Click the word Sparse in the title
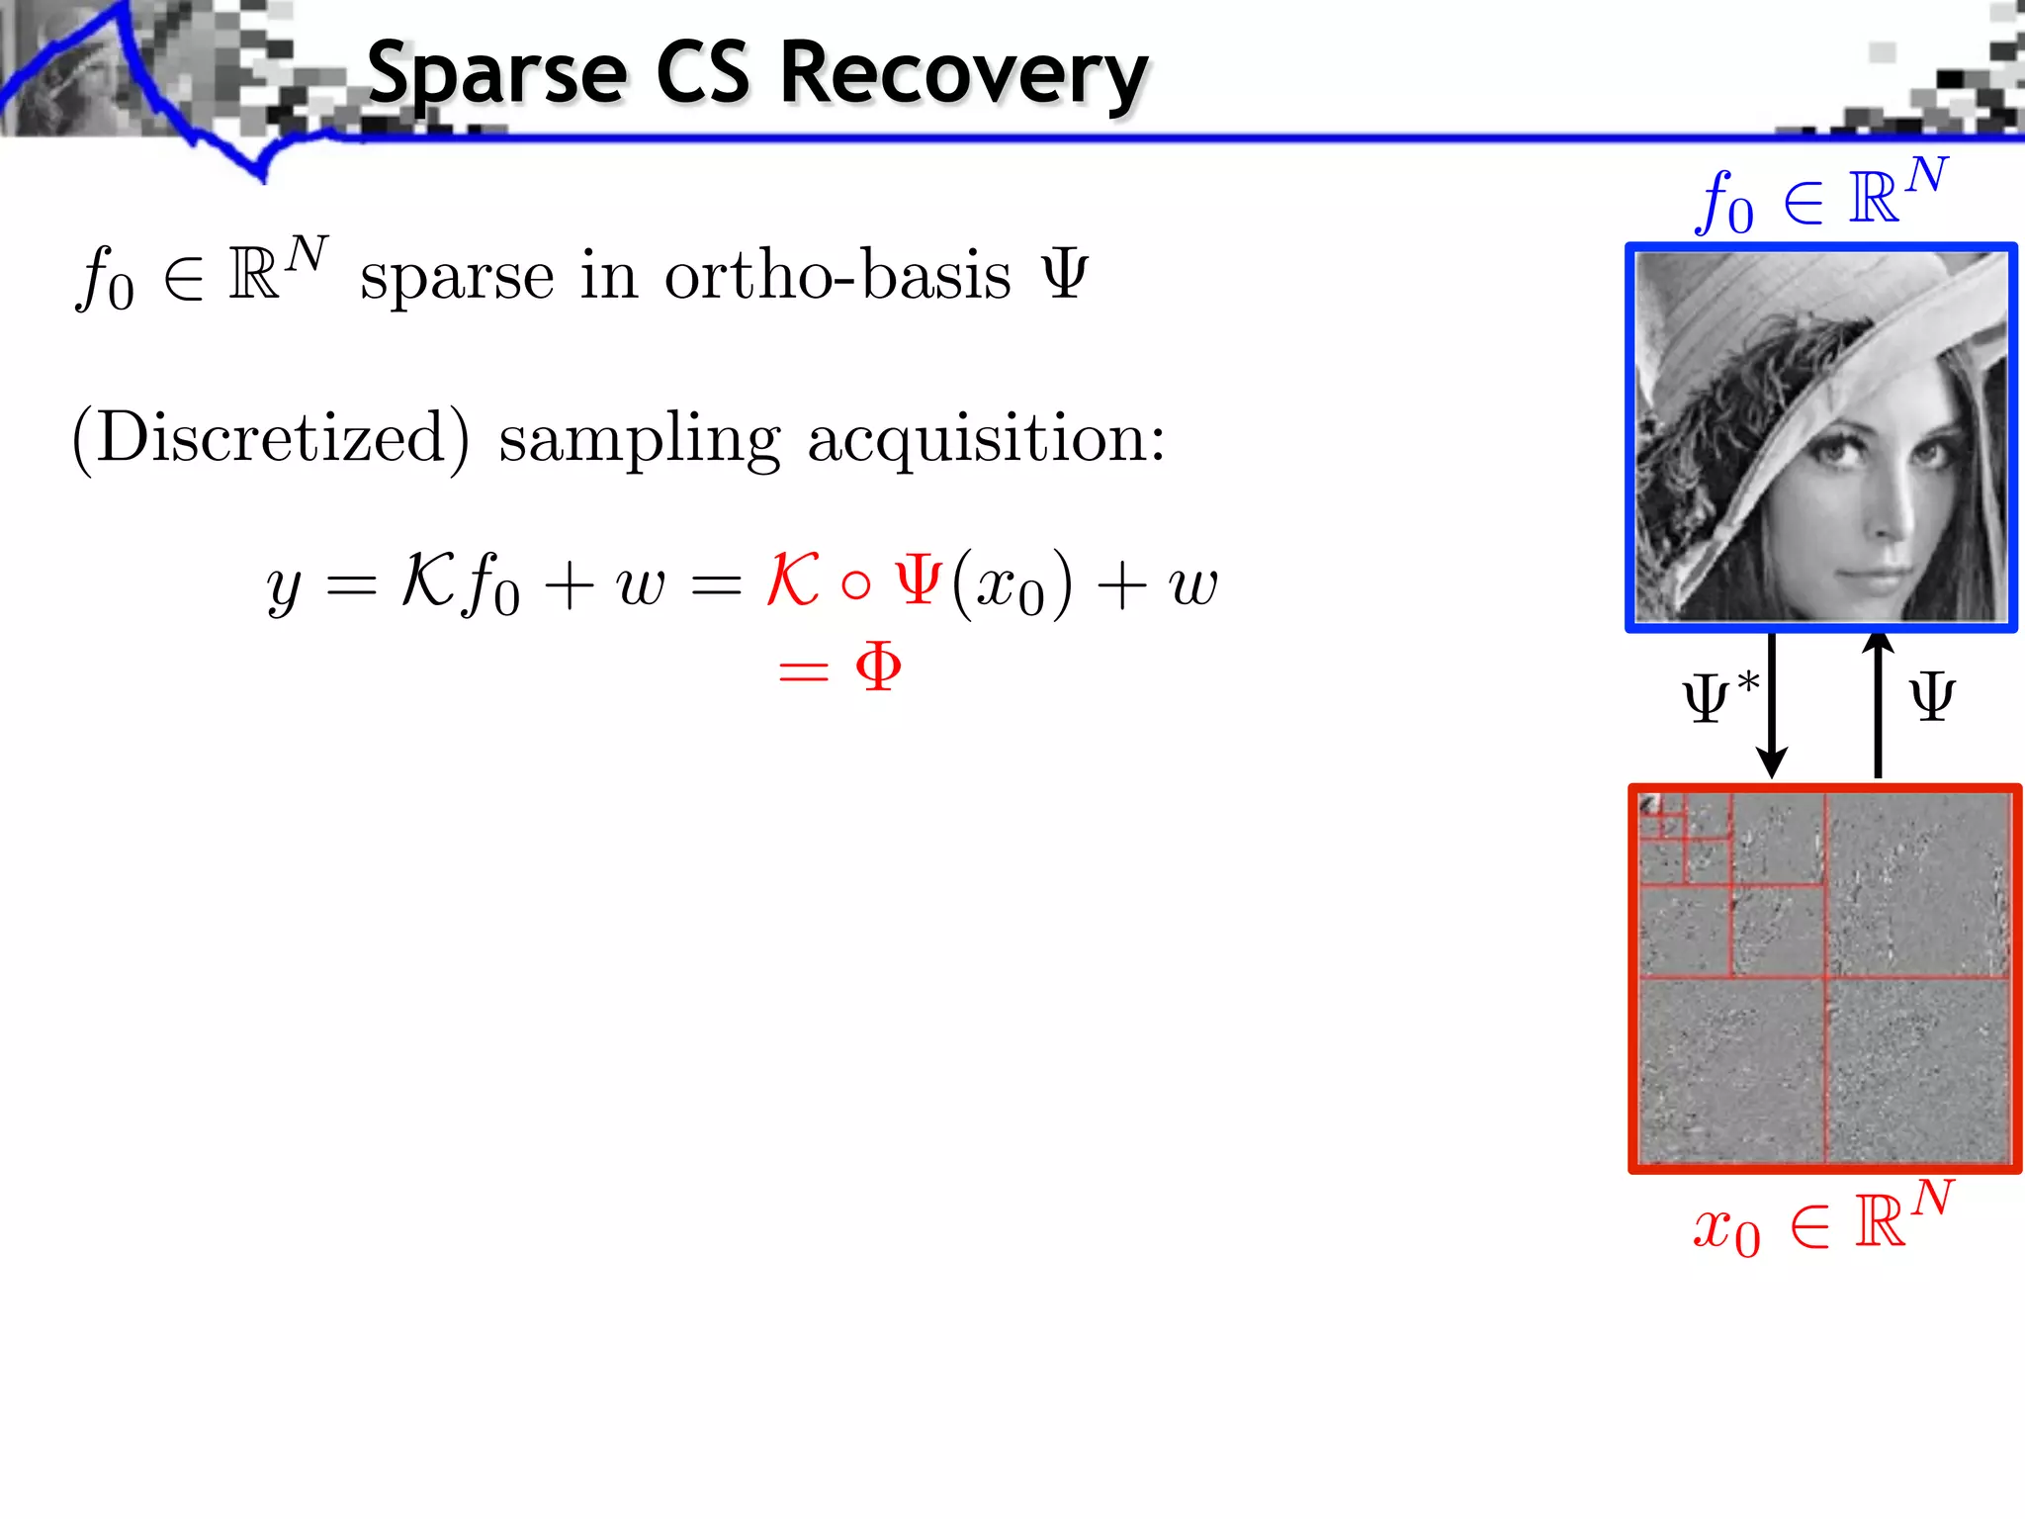496,74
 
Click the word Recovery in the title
964,74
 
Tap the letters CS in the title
703,74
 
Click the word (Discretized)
271,438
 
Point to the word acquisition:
986,438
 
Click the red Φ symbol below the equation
878,668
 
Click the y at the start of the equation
284,588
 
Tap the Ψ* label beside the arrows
1720,696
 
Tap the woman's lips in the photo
1864,572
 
